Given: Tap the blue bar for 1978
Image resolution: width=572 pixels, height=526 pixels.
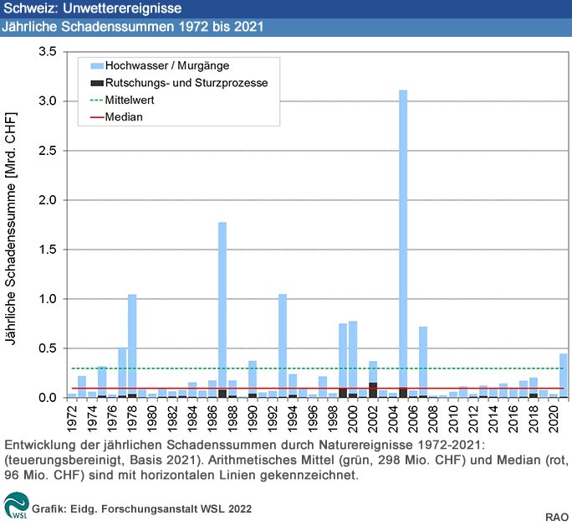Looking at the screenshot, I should (132, 343).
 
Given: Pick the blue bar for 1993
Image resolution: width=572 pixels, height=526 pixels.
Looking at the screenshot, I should (283, 343).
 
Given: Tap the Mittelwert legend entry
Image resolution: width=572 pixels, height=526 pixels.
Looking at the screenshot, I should (130, 100).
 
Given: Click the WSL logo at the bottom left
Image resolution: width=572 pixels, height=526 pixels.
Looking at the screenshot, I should (15, 505).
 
